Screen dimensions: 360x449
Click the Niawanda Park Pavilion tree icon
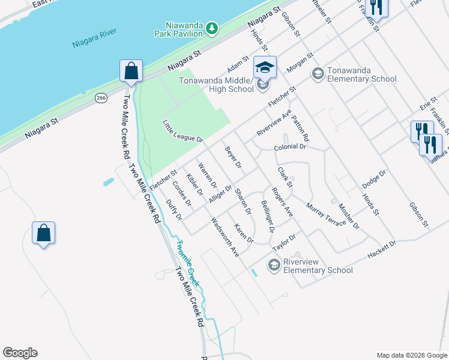pyautogui.click(x=211, y=28)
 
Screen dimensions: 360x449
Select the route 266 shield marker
pyautogui.click(x=101, y=98)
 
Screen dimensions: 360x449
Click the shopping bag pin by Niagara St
pyautogui.click(x=131, y=71)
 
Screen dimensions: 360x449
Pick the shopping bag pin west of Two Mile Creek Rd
pyautogui.click(x=44, y=233)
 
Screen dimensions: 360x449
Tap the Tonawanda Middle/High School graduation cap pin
pyautogui.click(x=264, y=67)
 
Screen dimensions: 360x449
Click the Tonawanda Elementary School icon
pyautogui.click(x=317, y=74)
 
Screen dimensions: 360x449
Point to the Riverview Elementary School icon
pyautogui.click(x=274, y=265)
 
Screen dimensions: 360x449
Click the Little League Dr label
pyautogui.click(x=183, y=130)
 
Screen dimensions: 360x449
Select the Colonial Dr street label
pyautogui.click(x=290, y=147)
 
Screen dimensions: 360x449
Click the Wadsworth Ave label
pyautogui.click(x=226, y=237)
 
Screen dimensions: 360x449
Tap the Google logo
pyautogui.click(x=20, y=353)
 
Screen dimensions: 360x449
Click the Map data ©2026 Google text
pyautogui.click(x=411, y=355)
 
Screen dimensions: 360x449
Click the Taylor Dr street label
pyautogui.click(x=284, y=241)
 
